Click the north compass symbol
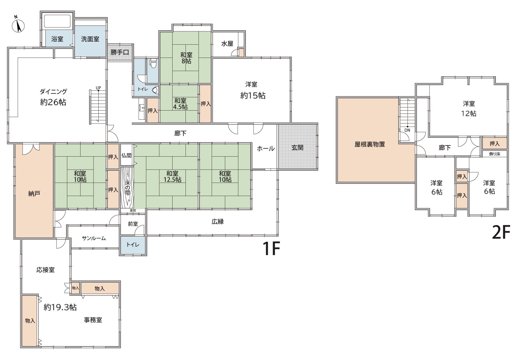[x=18, y=25]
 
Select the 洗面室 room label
[x=90, y=39]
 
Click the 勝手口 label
[x=120, y=52]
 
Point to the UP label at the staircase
[x=98, y=88]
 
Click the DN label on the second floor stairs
[x=407, y=130]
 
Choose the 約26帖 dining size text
[x=53, y=102]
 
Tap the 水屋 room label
[x=227, y=44]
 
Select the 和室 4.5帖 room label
[x=180, y=104]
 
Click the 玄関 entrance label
[x=297, y=148]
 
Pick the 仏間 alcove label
[x=126, y=155]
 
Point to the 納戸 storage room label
[x=34, y=194]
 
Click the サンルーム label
[x=94, y=238]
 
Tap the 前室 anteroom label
[x=133, y=224]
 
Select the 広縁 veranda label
[x=218, y=222]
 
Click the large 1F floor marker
[x=271, y=248]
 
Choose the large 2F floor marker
[x=501, y=232]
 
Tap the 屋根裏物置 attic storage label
[x=370, y=144]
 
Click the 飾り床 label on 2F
[x=495, y=154]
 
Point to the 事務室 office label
[x=93, y=320]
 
